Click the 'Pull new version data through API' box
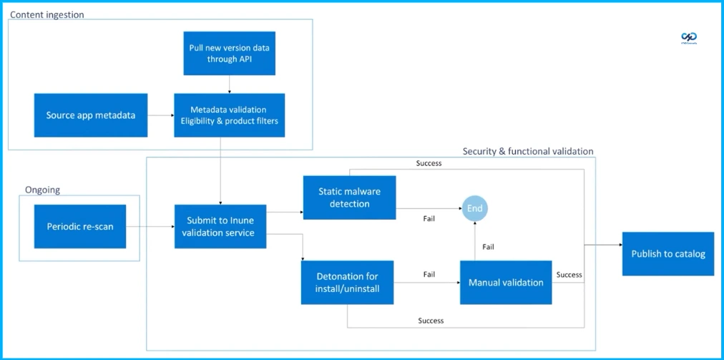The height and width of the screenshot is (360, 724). (x=229, y=53)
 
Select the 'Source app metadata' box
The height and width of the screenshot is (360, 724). (x=91, y=115)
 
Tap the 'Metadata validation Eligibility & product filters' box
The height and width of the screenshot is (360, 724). (x=229, y=115)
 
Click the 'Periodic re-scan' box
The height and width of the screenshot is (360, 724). (x=80, y=226)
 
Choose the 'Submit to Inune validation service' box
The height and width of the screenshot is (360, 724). (x=220, y=226)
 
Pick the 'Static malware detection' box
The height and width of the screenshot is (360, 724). (x=349, y=198)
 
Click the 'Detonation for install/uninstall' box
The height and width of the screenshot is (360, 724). (x=347, y=282)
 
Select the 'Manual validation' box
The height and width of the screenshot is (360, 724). (x=506, y=282)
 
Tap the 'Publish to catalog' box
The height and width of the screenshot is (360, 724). (x=667, y=253)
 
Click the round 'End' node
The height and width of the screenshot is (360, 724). (x=475, y=208)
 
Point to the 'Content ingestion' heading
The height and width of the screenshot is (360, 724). (x=47, y=14)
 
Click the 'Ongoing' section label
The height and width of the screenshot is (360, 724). (x=43, y=190)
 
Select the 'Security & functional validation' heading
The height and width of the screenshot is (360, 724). (x=528, y=151)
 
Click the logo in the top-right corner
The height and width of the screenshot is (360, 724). (x=689, y=38)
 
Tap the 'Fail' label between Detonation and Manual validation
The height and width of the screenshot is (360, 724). (x=429, y=274)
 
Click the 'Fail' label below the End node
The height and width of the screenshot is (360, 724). (x=488, y=247)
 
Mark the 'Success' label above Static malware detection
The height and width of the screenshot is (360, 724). (x=429, y=163)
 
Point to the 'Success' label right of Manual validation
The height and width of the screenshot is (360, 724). (x=569, y=274)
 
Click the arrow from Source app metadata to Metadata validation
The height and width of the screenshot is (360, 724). (x=161, y=115)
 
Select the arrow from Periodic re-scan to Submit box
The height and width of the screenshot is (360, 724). (x=150, y=227)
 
